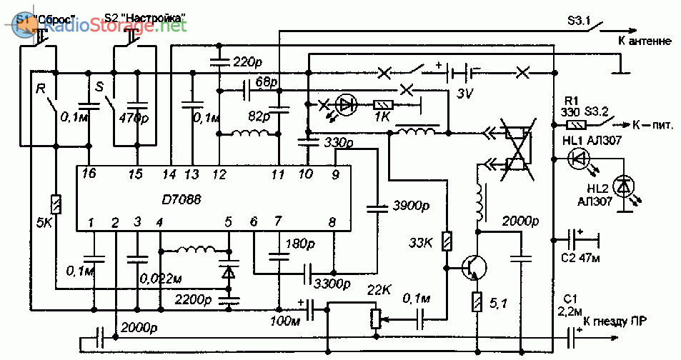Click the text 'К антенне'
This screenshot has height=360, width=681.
645,41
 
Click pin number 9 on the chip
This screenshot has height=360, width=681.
334,174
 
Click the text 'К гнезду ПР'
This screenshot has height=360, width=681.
617,321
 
